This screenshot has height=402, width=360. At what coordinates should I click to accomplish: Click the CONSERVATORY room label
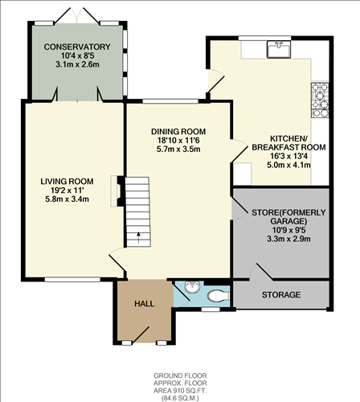(x=76, y=47)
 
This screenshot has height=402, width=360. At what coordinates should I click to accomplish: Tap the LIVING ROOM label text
(x=68, y=181)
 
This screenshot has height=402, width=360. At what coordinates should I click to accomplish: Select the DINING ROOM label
(x=178, y=131)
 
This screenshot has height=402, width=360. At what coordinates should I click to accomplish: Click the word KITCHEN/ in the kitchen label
(x=273, y=138)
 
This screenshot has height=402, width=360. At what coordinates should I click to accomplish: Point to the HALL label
(x=144, y=304)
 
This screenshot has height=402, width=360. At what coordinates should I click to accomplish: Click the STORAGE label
(x=281, y=295)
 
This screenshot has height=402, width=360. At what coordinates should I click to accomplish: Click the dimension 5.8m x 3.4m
(x=68, y=199)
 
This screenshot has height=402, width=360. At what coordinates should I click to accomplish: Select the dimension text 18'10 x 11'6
(x=178, y=140)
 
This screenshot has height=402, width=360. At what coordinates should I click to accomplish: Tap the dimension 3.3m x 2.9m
(x=281, y=240)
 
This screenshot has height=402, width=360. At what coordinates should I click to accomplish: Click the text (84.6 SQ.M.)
(x=179, y=395)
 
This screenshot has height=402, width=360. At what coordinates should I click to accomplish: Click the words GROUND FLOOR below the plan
(x=179, y=375)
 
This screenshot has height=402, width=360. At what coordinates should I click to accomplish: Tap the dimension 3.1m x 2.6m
(x=76, y=64)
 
